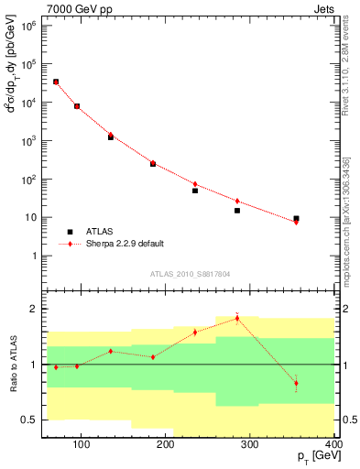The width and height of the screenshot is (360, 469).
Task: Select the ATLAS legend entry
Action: pyautogui.click(x=100, y=232)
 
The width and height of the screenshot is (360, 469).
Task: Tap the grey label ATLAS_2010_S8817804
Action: pyautogui.click(x=190, y=273)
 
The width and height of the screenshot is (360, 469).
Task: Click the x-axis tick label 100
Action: pyautogui.click(x=82, y=445)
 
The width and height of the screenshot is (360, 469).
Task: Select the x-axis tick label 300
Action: pyautogui.click(x=250, y=445)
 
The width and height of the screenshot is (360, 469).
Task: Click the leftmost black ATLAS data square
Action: pyautogui.click(x=56, y=82)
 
